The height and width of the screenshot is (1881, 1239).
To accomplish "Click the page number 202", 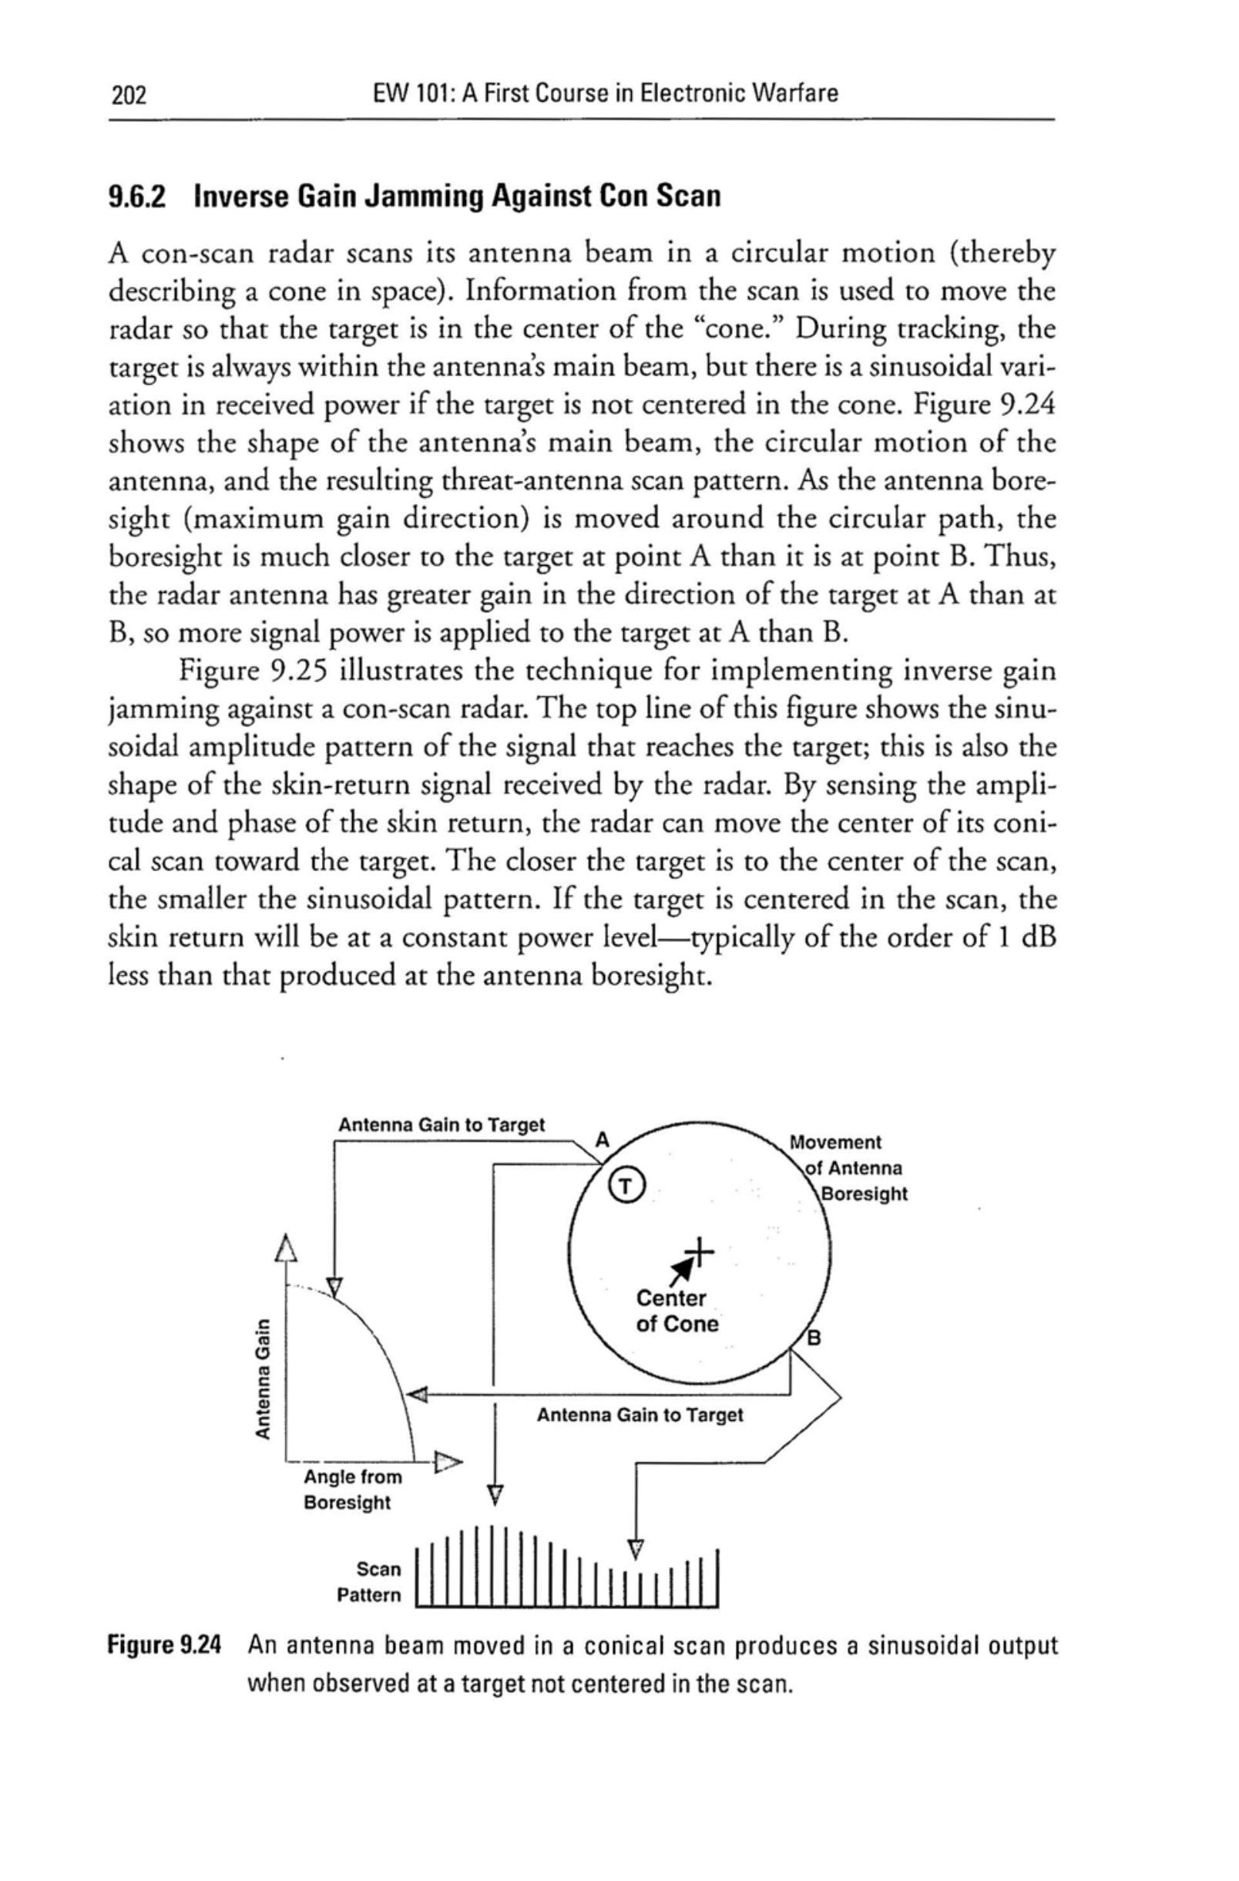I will click(x=129, y=96).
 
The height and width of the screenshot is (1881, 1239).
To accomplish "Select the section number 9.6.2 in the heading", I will click(x=138, y=195).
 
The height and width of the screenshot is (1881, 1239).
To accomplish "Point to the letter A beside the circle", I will click(x=602, y=1140).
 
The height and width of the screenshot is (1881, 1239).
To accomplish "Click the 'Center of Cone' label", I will click(x=677, y=1311).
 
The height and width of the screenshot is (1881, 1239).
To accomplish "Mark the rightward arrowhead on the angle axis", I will click(x=447, y=1462).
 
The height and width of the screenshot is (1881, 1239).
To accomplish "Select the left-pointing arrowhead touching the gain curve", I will click(x=416, y=1396).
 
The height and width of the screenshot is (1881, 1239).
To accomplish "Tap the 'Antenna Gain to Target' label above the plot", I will click(x=441, y=1125).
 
